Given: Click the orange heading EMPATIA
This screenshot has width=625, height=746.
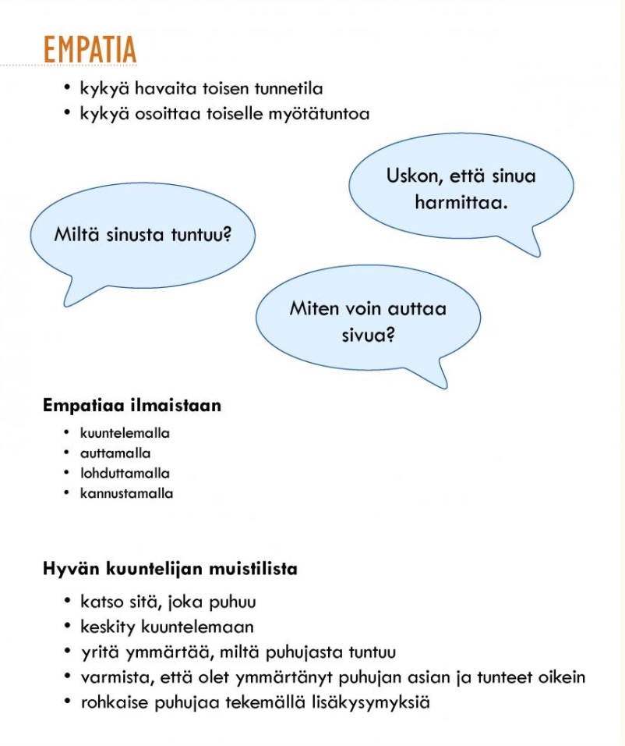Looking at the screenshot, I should coord(90,49).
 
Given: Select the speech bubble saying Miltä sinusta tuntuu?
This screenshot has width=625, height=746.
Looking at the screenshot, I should coord(143,234).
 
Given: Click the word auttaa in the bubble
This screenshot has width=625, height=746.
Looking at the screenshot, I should coord(416,308).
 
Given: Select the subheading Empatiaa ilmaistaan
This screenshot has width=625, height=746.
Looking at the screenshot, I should coord(132,406).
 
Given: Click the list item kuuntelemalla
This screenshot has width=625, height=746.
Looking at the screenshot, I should coord(125,433).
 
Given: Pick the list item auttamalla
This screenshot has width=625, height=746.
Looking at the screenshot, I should coord(115,453).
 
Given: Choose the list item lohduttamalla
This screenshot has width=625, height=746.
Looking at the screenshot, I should coord(125,474).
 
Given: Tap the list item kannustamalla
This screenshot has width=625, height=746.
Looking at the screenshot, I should coord(126,494).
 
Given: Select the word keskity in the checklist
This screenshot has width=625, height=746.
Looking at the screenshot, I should coord(107,627).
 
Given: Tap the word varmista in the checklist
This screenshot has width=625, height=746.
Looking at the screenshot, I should coord(111,677).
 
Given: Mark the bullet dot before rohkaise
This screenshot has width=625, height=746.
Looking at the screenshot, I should coord(69,702).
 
